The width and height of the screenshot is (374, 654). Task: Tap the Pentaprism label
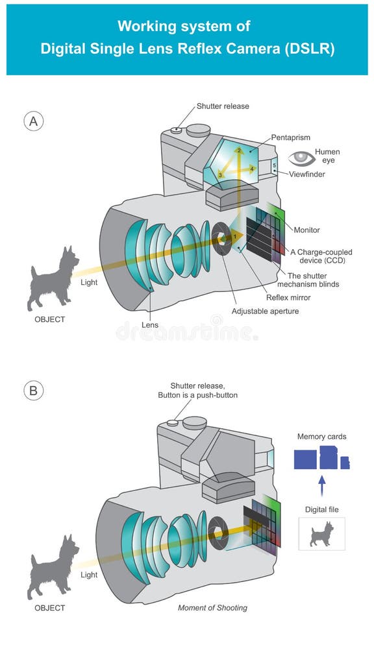(x=291, y=138)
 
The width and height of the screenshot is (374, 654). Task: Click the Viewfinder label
(x=306, y=175)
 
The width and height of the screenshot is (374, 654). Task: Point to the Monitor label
(x=306, y=230)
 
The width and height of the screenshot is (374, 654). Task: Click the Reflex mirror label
(x=288, y=298)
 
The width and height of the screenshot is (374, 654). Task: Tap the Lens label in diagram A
(x=151, y=324)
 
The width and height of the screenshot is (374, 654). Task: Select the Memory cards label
(x=321, y=437)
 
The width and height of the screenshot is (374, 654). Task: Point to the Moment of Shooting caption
(x=212, y=608)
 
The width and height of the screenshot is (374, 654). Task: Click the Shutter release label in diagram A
(x=223, y=106)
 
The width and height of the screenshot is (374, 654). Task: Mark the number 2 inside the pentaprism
(x=239, y=151)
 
